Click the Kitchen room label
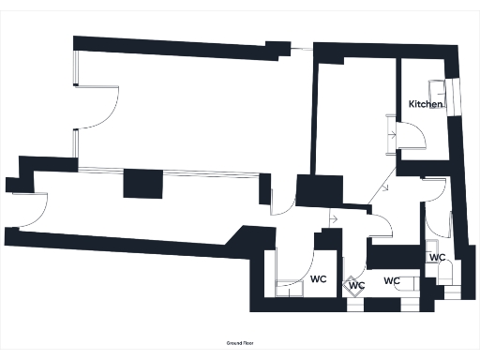(x=425, y=104)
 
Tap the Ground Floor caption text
(x=240, y=343)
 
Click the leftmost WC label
(x=318, y=279)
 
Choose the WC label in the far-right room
(x=437, y=257)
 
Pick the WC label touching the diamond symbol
(x=356, y=286)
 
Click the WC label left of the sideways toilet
(x=392, y=280)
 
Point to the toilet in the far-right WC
(x=446, y=275)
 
